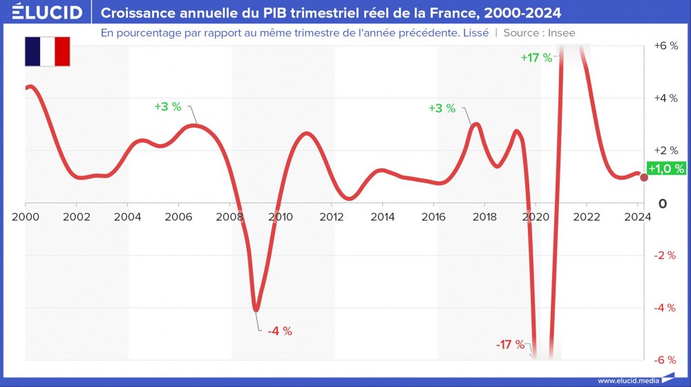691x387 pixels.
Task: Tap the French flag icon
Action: point(48,52)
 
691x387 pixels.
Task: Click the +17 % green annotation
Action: point(536,58)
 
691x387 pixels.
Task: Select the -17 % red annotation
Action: point(511,344)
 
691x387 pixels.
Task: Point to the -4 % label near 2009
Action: point(280,331)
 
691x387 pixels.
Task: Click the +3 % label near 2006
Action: point(167,107)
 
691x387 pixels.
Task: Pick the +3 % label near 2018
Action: point(442,108)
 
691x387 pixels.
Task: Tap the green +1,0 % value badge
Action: point(666,168)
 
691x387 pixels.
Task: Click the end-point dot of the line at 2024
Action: point(644,178)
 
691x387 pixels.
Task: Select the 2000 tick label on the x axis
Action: point(26,216)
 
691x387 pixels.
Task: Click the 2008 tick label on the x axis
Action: point(229,216)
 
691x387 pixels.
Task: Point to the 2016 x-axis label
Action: point(433,216)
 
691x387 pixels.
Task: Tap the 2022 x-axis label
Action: point(587,216)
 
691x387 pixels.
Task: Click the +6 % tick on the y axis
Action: point(665,46)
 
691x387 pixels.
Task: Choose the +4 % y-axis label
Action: point(665,98)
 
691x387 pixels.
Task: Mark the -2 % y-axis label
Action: point(665,256)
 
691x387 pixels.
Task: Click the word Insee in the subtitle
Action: point(561,32)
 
